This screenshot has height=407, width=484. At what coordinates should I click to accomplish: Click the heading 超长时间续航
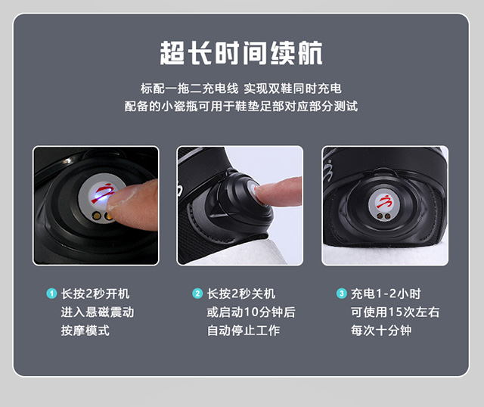tap(241, 53)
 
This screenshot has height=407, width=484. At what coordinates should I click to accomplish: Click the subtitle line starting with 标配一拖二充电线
tap(241, 89)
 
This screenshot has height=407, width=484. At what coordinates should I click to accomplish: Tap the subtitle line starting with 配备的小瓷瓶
tap(241, 106)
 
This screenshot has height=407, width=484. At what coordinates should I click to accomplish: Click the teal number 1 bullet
tap(51, 294)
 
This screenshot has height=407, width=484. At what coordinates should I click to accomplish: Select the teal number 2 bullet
tap(197, 294)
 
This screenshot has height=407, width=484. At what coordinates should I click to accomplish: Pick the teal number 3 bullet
tap(341, 294)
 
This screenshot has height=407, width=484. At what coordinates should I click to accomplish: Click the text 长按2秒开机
tap(95, 294)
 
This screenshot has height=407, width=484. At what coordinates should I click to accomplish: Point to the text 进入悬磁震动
tap(98, 312)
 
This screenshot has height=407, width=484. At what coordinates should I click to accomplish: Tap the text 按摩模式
tap(85, 331)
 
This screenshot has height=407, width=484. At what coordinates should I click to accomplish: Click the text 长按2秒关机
tap(240, 294)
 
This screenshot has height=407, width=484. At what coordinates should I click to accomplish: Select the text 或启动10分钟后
tap(251, 312)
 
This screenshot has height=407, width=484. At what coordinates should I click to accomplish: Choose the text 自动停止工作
tap(244, 331)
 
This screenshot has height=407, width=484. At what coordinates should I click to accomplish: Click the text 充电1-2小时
tap(386, 294)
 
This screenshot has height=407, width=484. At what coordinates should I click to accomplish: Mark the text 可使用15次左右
tap(395, 312)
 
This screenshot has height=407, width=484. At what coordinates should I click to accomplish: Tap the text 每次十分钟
tap(381, 331)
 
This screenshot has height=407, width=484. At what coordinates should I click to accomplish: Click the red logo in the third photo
tap(384, 202)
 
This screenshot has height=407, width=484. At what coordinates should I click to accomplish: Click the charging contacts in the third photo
tap(383, 216)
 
